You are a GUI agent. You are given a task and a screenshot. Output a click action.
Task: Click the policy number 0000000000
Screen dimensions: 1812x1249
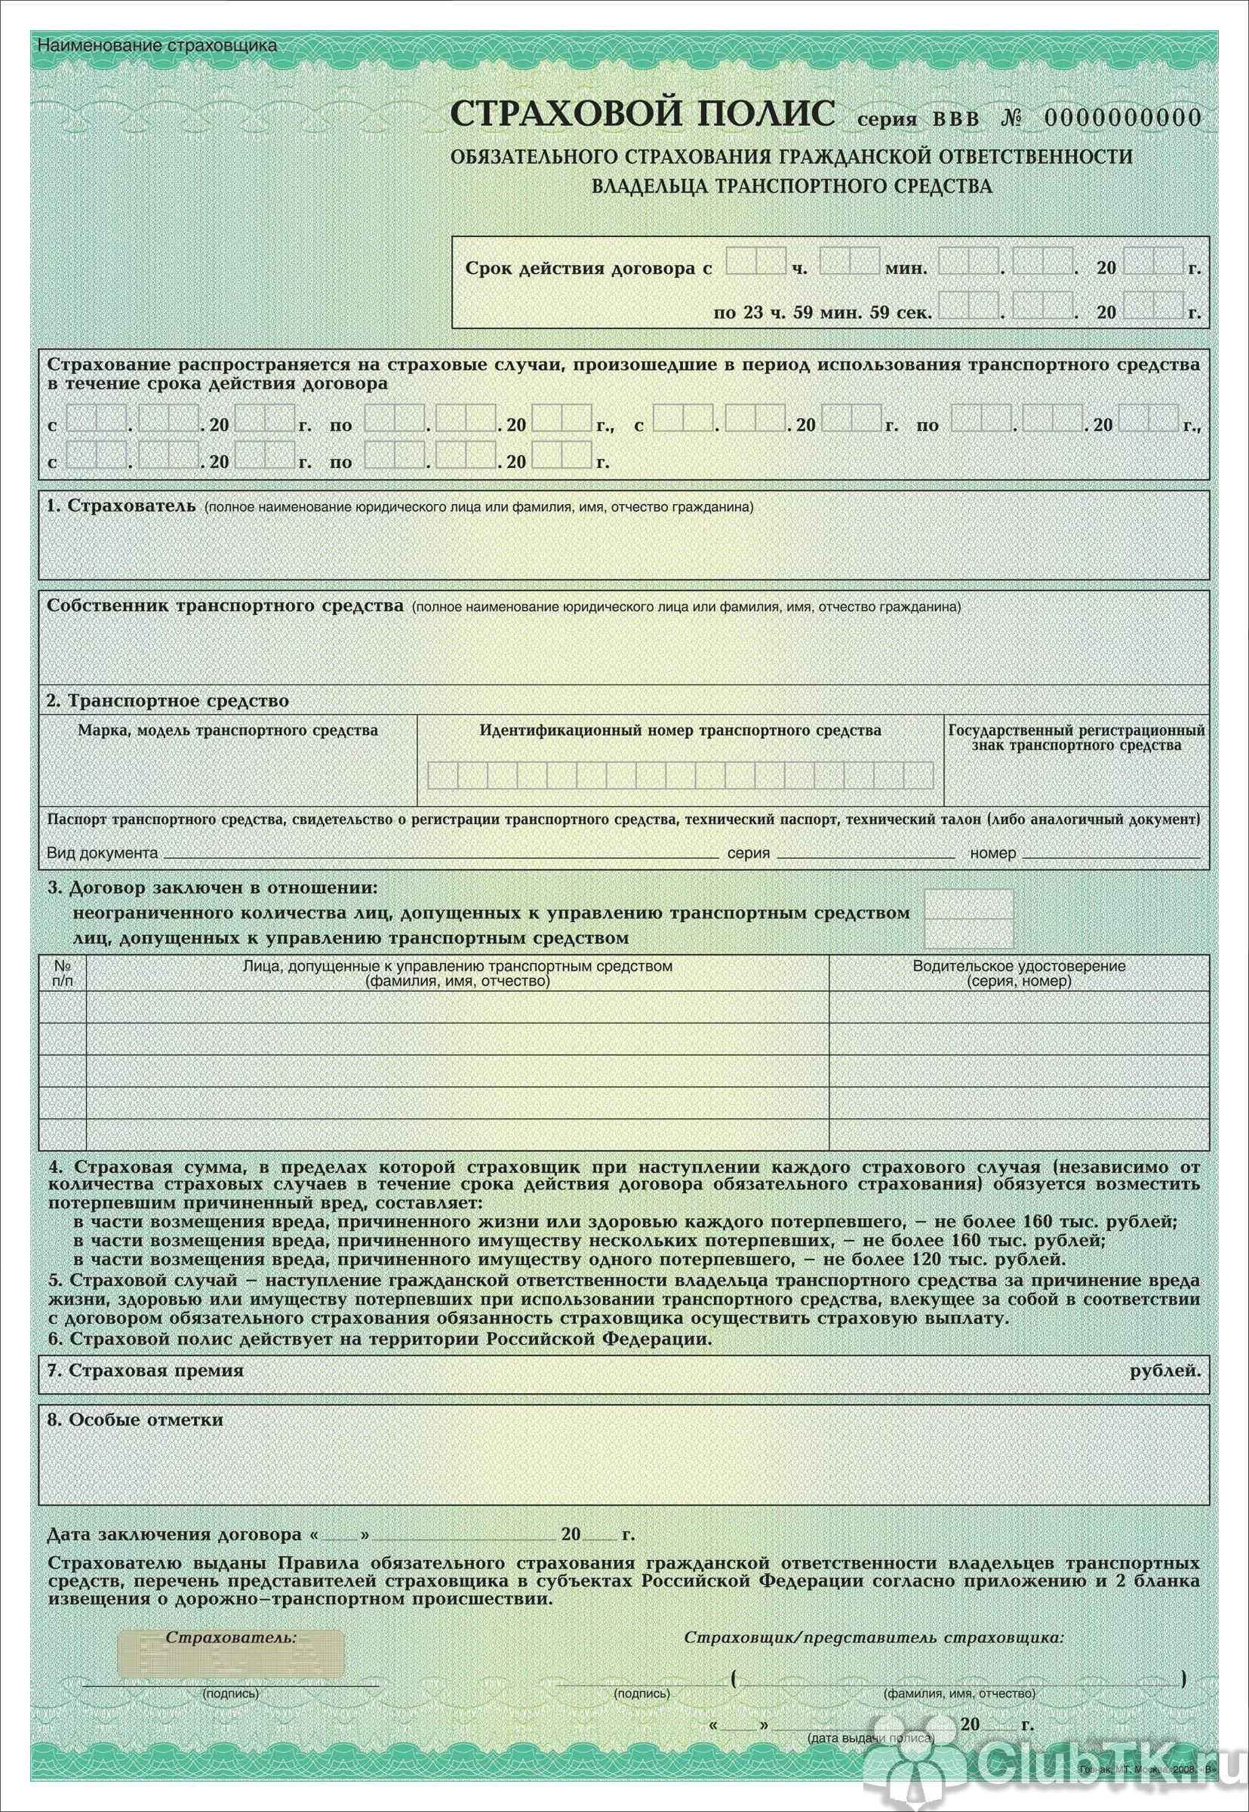coord(1122,118)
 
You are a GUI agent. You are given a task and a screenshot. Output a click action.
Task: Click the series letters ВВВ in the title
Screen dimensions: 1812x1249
coord(955,120)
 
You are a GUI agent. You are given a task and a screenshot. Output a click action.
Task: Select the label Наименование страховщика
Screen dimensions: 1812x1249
coord(157,45)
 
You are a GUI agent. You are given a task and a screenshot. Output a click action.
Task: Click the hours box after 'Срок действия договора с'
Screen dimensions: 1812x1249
coord(755,261)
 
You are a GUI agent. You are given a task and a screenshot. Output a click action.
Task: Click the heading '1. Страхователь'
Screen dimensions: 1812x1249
coord(122,506)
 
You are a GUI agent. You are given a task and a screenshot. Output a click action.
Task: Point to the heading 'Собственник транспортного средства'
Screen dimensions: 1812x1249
coord(226,605)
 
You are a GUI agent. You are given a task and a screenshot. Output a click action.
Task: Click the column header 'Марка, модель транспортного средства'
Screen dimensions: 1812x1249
coord(228,730)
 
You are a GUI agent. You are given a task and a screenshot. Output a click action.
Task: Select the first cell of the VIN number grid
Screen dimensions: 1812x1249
coord(443,775)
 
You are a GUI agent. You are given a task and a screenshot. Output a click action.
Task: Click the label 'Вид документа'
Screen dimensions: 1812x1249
coord(103,853)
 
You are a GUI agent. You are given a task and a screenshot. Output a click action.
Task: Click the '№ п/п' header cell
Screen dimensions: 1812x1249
coord(63,973)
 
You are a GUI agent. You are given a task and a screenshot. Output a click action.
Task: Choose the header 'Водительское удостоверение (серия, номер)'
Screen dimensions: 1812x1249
coord(1018,973)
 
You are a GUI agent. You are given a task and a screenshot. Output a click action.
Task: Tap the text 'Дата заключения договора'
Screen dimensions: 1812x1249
coord(174,1535)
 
